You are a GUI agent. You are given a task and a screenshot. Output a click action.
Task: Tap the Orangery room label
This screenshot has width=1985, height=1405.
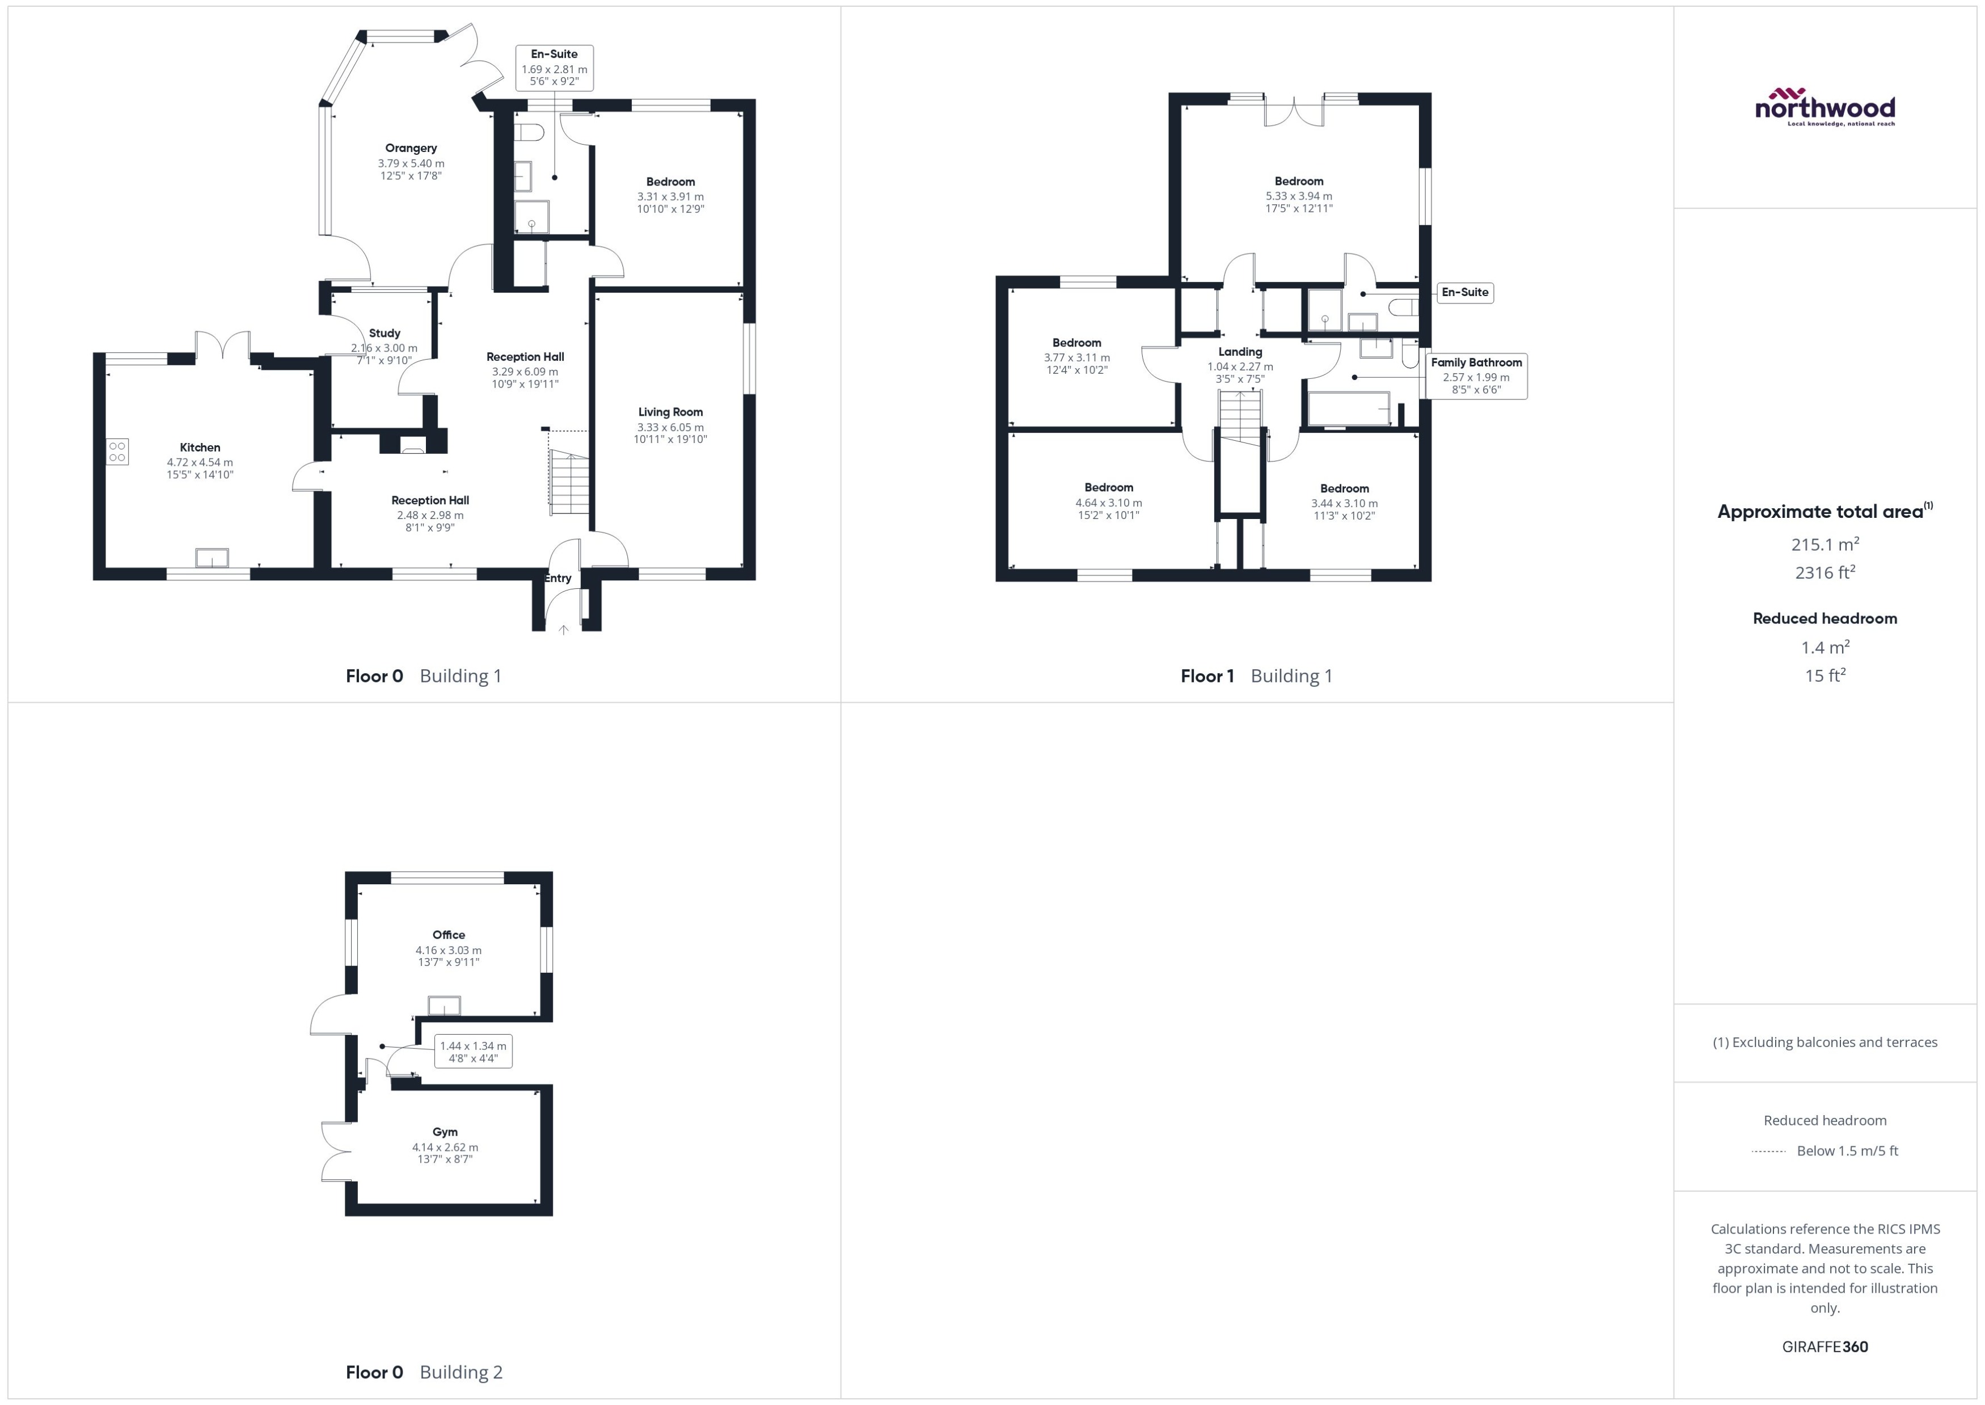tap(411, 148)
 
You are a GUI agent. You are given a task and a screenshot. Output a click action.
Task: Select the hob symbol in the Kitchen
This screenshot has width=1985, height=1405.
tap(117, 452)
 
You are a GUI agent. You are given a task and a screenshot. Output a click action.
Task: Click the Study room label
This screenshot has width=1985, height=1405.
tap(384, 333)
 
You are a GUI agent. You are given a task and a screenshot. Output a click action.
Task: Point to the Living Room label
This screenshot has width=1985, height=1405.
tap(670, 412)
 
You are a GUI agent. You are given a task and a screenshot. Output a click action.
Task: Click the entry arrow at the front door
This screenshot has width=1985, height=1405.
tap(563, 630)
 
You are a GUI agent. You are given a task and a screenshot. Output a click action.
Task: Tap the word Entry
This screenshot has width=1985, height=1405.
tap(558, 578)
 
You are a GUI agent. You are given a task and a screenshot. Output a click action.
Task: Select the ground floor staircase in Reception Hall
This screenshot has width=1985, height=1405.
tap(569, 483)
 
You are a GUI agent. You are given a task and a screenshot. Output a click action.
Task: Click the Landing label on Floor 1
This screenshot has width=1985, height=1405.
tap(1239, 351)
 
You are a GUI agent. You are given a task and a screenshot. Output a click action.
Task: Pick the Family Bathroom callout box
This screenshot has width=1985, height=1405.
tap(1476, 375)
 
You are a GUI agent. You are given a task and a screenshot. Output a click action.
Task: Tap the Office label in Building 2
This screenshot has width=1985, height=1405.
tap(448, 934)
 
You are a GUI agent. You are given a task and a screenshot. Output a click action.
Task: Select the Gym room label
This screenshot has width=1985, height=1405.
tap(445, 1132)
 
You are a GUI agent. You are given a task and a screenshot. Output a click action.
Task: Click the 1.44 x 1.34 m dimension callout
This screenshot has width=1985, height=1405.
tap(472, 1051)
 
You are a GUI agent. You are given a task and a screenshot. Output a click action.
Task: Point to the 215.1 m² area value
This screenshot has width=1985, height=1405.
tap(1824, 544)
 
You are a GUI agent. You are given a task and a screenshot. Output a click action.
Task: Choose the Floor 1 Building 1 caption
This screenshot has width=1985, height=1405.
tap(1256, 676)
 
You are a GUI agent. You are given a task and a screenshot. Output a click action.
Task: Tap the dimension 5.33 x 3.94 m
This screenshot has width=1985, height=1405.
tap(1298, 196)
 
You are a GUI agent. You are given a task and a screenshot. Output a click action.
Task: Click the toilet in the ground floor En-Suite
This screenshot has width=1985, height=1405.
tap(529, 132)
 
